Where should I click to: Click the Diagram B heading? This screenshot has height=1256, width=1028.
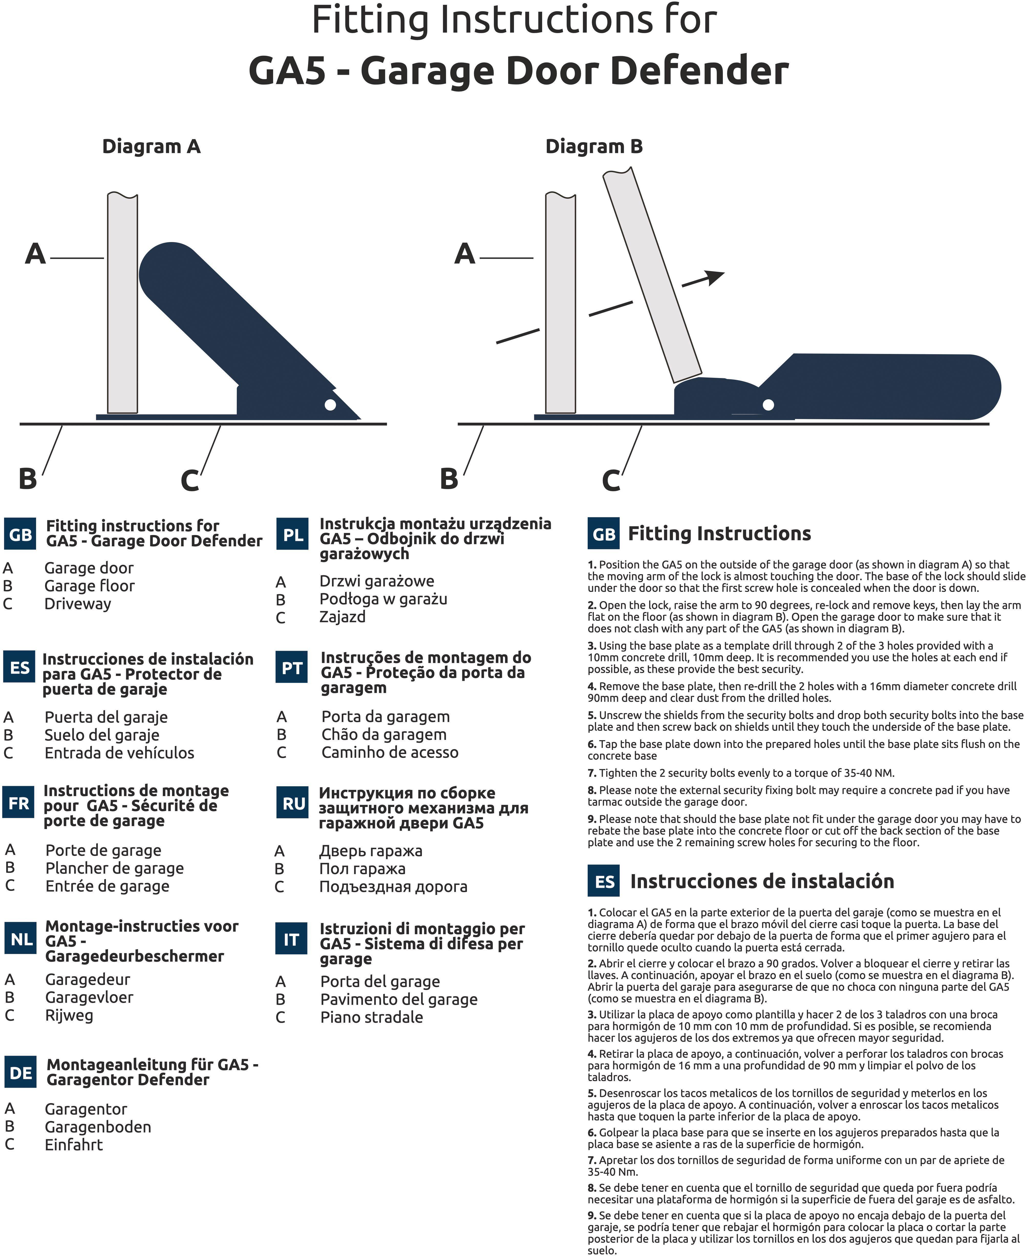[x=594, y=146]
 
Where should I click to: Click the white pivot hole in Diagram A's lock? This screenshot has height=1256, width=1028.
[x=330, y=405]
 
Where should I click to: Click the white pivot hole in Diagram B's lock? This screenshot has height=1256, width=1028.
[x=768, y=405]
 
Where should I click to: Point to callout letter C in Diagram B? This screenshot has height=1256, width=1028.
[x=611, y=480]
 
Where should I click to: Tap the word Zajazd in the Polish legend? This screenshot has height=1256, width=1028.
[x=342, y=617]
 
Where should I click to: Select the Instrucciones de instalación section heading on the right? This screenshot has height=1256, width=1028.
[x=762, y=881]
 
